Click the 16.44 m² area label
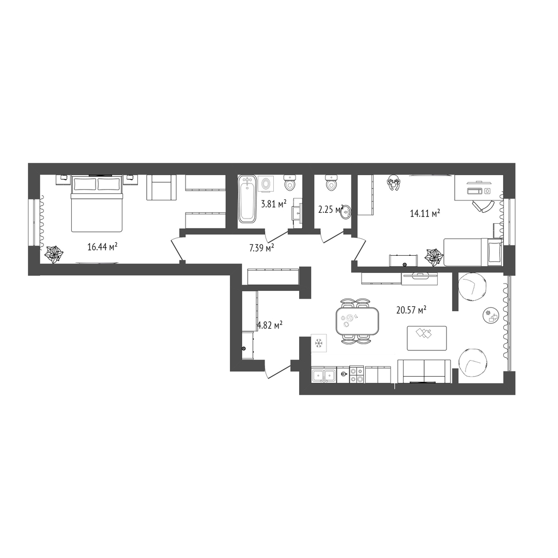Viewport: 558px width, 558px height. [x=102, y=246]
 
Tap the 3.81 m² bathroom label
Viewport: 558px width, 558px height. [x=274, y=204]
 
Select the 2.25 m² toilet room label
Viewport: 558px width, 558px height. [x=331, y=209]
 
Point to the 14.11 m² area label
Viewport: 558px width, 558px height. [x=425, y=213]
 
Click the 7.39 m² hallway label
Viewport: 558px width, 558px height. [x=261, y=247]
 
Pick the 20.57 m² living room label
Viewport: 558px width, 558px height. [x=411, y=310]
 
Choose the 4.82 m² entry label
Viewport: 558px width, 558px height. [x=270, y=325]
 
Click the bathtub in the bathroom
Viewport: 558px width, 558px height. [x=247, y=199]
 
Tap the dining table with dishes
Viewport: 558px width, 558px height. [x=357, y=321]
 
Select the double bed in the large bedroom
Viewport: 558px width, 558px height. [x=97, y=203]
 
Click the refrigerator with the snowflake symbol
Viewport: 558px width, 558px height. [x=319, y=343]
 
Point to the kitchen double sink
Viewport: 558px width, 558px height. [x=323, y=375]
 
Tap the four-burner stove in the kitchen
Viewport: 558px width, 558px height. [x=357, y=375]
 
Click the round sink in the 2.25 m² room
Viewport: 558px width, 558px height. [x=346, y=212]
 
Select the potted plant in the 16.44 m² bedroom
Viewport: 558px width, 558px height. [x=54, y=254]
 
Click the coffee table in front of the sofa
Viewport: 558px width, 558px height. [x=427, y=338]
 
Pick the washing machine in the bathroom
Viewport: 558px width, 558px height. [x=265, y=184]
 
